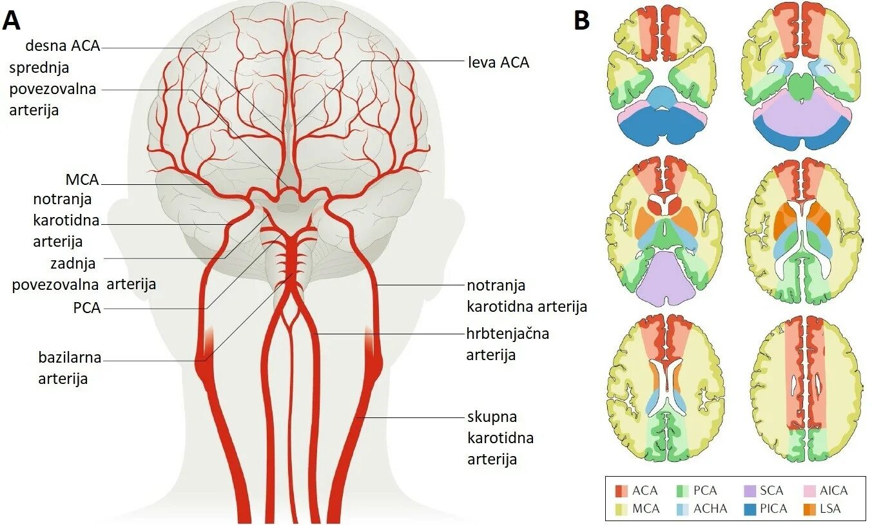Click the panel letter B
click(581, 20)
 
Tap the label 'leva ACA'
click(498, 62)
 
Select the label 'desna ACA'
click(63, 46)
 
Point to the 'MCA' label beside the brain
click(82, 180)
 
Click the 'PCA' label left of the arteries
click(87, 308)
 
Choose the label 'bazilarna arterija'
click(70, 368)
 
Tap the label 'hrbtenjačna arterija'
click(508, 344)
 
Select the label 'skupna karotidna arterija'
click(500, 437)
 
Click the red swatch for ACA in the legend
click(621, 491)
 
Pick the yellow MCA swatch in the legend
click(621, 508)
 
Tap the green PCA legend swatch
click(683, 491)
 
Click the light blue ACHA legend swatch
click(683, 508)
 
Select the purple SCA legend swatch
click(749, 491)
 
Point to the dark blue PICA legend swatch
click(749, 508)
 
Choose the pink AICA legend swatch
click(811, 491)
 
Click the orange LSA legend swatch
click(811, 508)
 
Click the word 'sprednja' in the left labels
click(39, 68)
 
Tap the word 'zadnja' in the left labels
click(73, 263)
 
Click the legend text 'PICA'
click(773, 508)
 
